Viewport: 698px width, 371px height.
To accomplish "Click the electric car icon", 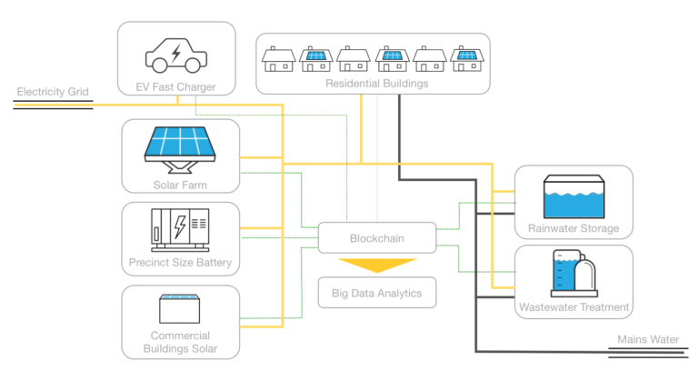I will coord(175,54).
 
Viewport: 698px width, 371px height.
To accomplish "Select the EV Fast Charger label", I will coord(176,87).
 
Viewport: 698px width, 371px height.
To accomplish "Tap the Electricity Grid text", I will coord(53,92).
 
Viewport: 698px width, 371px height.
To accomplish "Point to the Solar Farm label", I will coord(180,186).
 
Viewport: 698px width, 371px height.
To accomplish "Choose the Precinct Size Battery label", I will coord(180,264).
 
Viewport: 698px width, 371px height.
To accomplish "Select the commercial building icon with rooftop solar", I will coord(180,310).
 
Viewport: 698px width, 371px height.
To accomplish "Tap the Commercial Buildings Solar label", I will coord(180,341).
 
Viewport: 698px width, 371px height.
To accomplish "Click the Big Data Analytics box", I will coord(375,293).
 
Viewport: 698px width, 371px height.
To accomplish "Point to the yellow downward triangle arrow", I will coord(376,265).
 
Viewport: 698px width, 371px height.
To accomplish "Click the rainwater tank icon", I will coord(573,197).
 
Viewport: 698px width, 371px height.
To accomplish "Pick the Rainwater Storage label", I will coord(573,228).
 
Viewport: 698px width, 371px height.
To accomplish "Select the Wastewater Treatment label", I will coord(573,307).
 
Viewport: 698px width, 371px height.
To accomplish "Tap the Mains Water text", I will coord(648,340).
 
